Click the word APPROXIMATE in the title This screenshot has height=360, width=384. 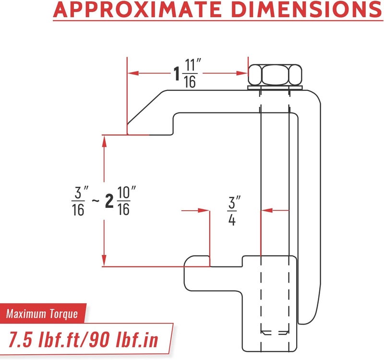click(138, 9)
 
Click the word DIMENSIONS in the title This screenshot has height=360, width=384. click(307, 9)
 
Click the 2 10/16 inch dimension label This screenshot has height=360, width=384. click(120, 201)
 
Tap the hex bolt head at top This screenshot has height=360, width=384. click(275, 75)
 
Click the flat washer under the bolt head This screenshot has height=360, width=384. click(275, 88)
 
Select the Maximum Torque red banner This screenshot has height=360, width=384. click(43, 313)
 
